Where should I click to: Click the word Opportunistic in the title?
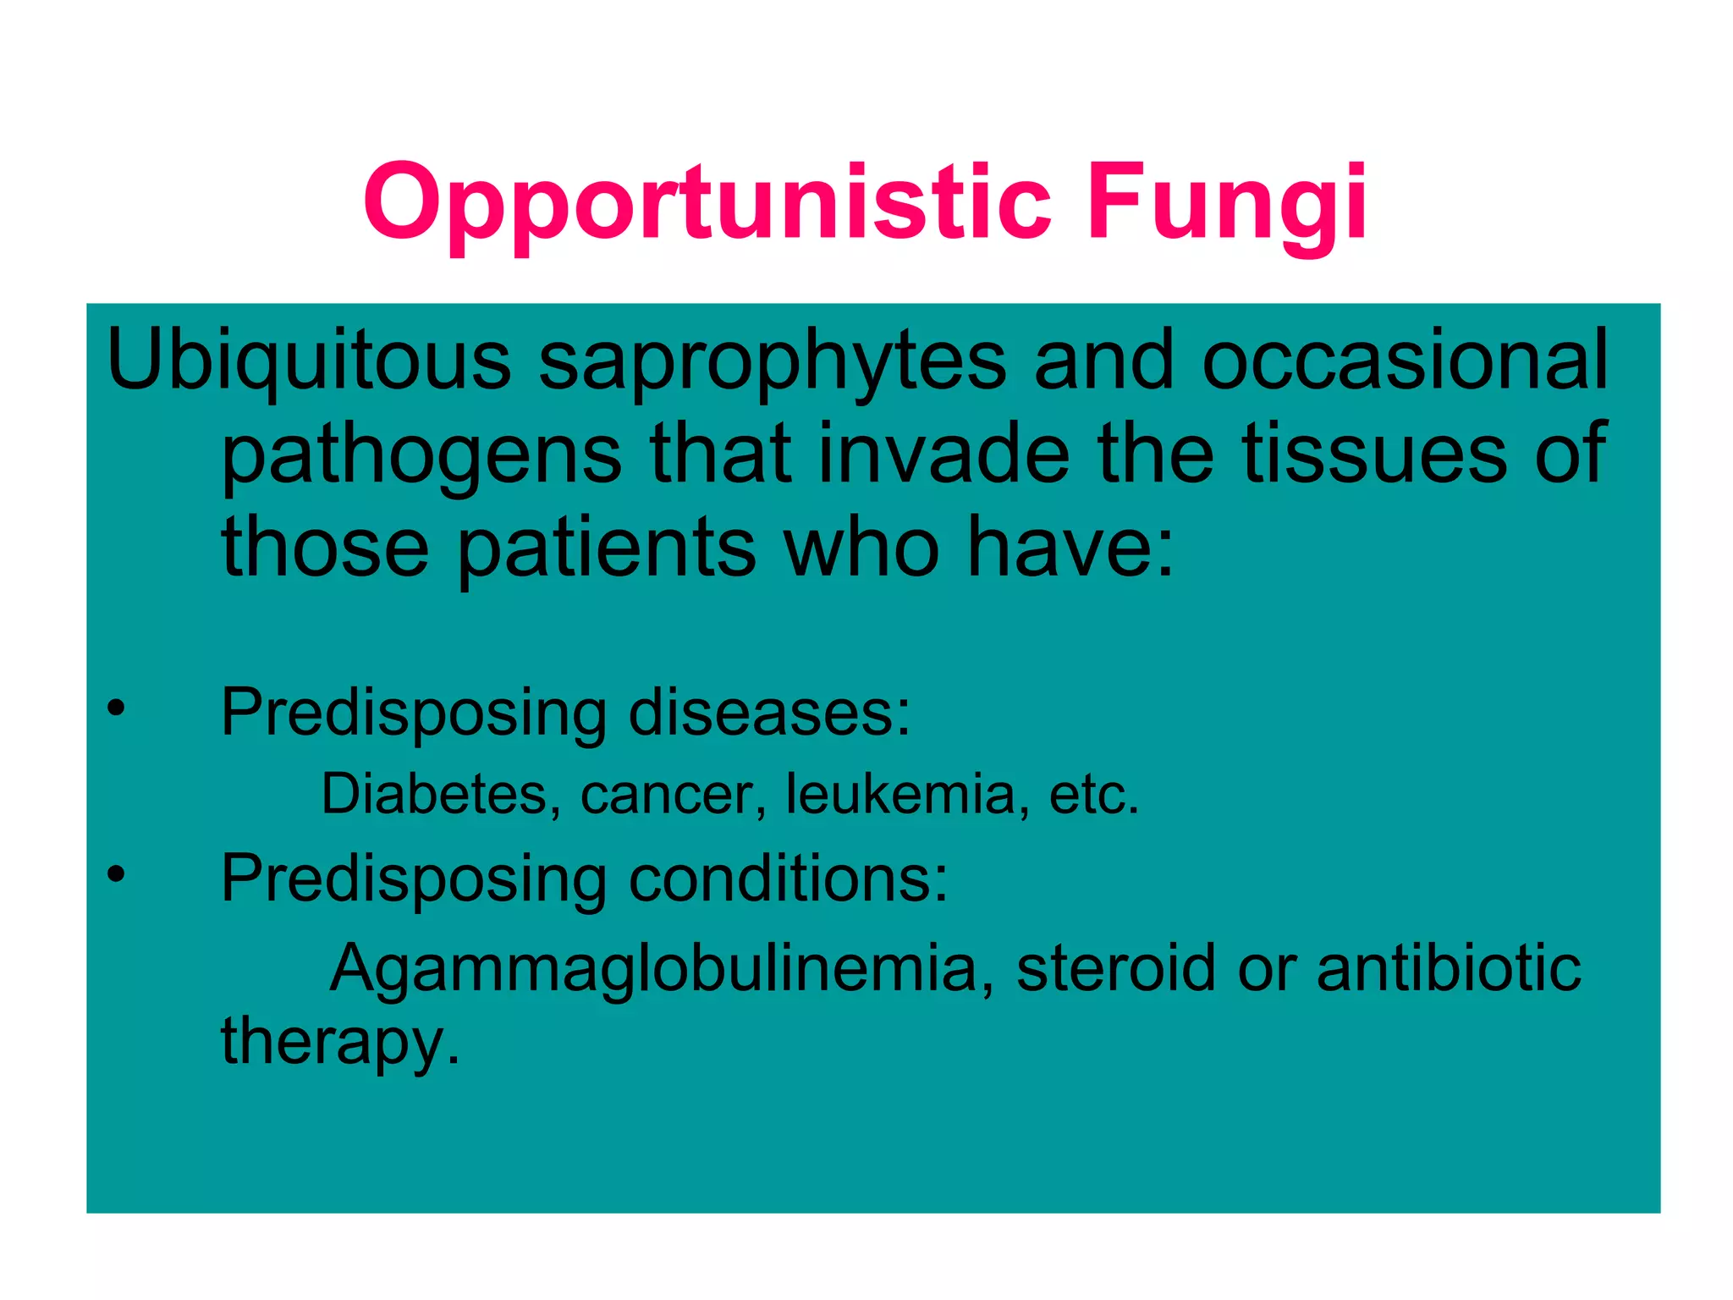(x=707, y=204)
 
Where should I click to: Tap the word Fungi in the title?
(x=1226, y=204)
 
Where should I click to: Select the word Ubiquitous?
(x=308, y=362)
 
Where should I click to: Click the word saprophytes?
(x=772, y=362)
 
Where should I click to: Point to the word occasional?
(x=1405, y=362)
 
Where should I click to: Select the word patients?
(x=607, y=548)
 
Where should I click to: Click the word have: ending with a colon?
(x=1070, y=548)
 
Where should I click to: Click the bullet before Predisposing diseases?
(x=116, y=708)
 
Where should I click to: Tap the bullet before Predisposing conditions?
(x=116, y=873)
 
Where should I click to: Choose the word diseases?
(x=769, y=713)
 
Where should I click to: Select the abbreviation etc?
(x=1094, y=796)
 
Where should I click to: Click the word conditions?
(x=788, y=879)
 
